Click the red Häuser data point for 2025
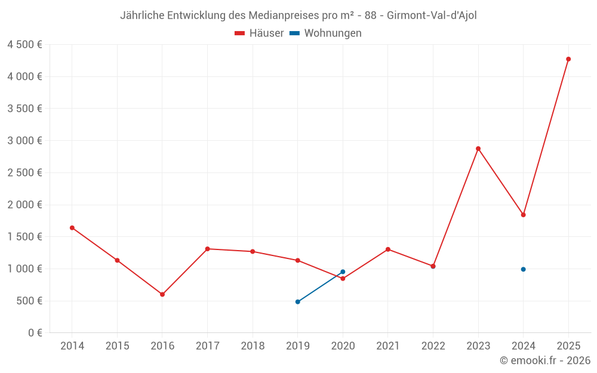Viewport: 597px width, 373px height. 568,59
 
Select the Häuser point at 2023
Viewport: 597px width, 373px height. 478,149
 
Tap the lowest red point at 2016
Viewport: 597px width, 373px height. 162,294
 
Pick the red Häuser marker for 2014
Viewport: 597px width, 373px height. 72,227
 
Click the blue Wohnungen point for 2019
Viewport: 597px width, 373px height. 297,301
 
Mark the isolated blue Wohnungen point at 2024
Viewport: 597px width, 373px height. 523,269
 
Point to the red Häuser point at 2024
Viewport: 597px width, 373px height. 523,215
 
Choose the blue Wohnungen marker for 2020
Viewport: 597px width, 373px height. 343,272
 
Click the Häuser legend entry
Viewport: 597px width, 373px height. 259,33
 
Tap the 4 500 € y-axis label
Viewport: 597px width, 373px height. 24,45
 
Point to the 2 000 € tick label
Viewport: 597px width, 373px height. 24,205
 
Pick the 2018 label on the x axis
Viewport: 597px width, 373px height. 253,346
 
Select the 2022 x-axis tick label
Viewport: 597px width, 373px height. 433,346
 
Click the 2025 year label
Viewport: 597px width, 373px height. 568,346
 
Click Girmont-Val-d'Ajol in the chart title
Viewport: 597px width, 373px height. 432,16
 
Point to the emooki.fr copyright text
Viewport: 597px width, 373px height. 545,360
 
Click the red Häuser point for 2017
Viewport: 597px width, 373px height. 207,249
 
